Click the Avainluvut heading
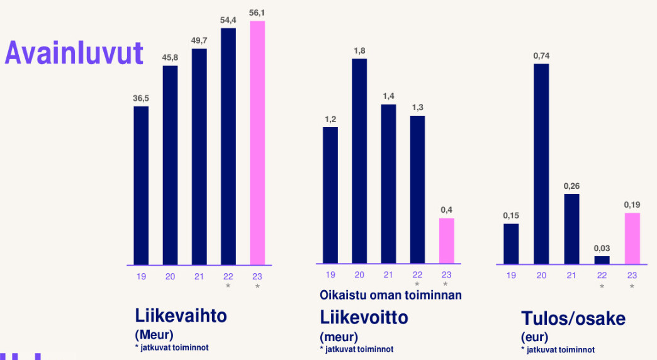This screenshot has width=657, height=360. [x=74, y=53]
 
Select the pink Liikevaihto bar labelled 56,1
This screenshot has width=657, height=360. [x=257, y=143]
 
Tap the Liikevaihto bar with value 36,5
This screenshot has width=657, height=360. [x=141, y=186]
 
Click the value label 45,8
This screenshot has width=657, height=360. [x=170, y=57]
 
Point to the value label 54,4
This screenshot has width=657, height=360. [x=228, y=20]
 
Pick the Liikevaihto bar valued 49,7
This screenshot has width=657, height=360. [x=199, y=157]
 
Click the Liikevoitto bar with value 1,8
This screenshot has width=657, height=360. [x=359, y=161]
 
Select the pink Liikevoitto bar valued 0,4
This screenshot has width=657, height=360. [x=446, y=241]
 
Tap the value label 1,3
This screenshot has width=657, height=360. [x=417, y=108]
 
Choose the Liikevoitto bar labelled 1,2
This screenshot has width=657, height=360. [x=330, y=195]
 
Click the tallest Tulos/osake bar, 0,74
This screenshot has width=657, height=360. [x=541, y=164]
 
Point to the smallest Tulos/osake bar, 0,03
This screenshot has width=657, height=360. [x=602, y=260]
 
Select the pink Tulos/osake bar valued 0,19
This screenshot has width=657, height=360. [x=632, y=239]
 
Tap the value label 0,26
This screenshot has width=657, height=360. [x=571, y=186]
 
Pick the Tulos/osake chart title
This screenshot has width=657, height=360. [x=573, y=318]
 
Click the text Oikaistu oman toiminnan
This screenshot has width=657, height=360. [x=391, y=295]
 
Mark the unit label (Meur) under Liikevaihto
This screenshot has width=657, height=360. [x=154, y=334]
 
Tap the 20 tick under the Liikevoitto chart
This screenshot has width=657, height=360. [x=359, y=275]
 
